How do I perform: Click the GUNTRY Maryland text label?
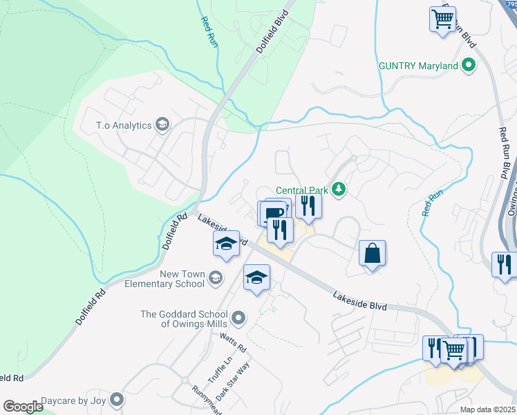419,66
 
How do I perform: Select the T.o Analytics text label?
123,125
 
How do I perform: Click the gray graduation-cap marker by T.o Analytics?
162,124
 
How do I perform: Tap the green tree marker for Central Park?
339,189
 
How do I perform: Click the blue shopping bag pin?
373,254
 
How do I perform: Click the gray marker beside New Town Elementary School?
216,278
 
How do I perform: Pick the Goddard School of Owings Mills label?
185,319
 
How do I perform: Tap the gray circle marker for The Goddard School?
238,318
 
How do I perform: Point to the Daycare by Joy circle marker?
117,400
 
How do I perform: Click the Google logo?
22,407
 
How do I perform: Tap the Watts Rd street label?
233,343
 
